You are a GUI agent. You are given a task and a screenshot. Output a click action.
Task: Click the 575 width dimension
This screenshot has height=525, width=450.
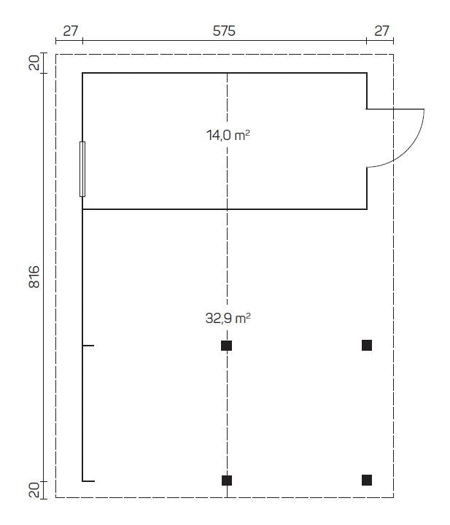point(224,31)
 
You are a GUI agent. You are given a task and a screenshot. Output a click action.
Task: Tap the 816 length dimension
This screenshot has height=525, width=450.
point(34,277)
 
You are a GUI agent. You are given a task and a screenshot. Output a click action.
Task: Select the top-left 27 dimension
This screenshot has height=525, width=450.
point(71,31)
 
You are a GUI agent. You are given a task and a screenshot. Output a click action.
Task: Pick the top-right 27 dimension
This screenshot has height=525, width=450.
point(381,31)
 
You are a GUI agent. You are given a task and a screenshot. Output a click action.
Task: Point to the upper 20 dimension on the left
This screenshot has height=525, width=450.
point(34,63)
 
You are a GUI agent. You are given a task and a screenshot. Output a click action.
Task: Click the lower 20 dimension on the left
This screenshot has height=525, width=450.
point(34,489)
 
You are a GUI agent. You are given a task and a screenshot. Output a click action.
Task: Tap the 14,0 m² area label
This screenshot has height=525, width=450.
point(228,136)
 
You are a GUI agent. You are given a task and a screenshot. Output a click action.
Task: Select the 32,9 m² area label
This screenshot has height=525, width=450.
point(228,318)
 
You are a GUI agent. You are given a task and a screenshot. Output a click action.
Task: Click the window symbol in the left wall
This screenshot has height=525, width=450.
point(82,169)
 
